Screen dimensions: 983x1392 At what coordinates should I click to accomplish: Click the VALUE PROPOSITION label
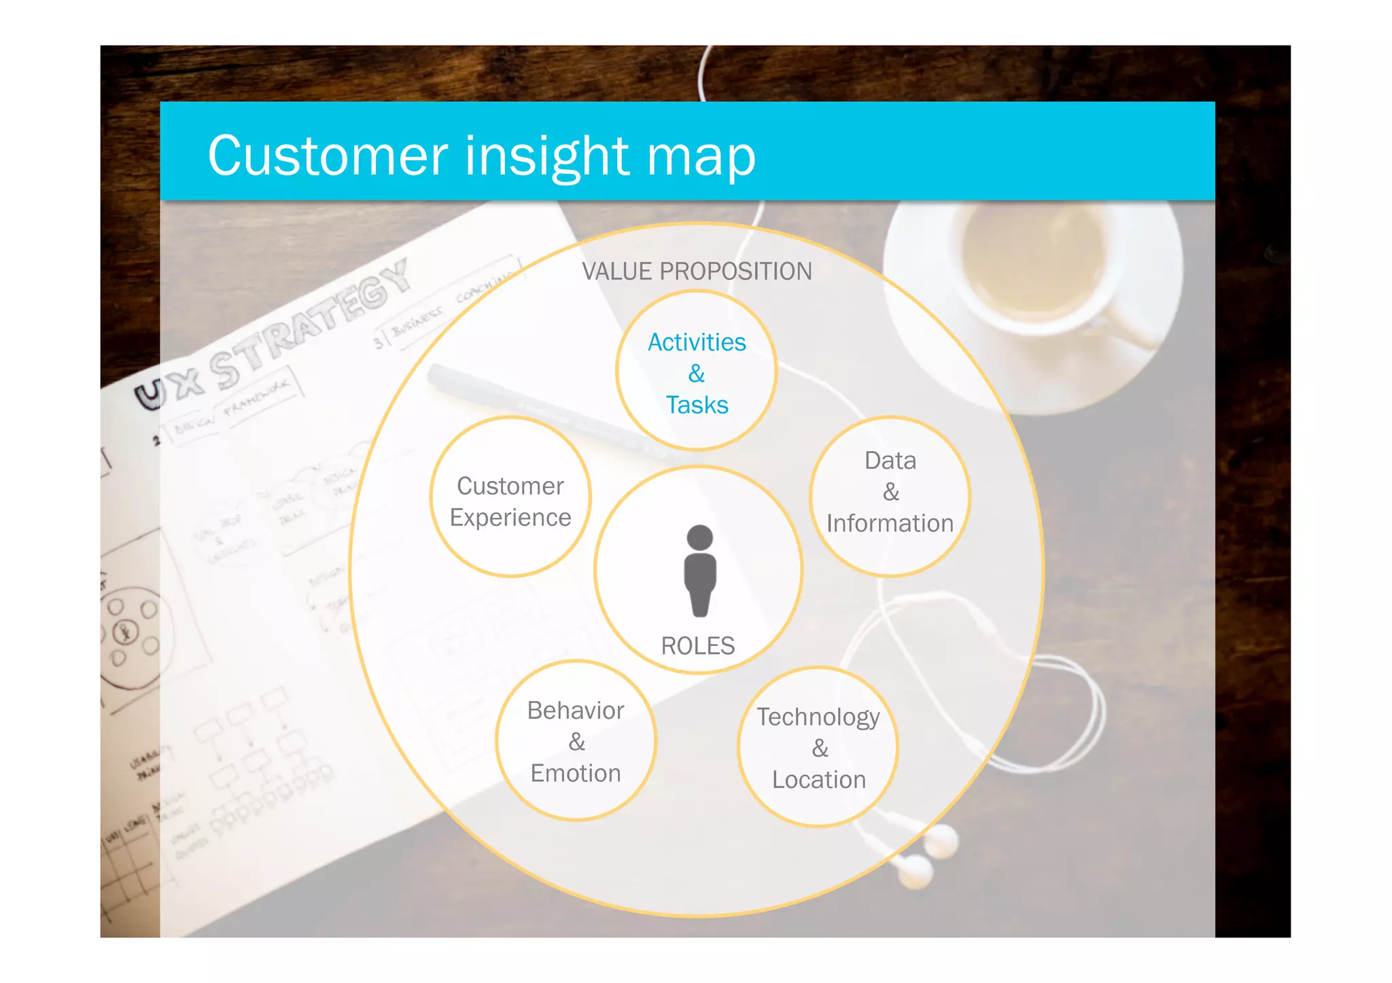pyautogui.click(x=697, y=271)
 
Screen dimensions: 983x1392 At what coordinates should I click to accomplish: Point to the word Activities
pyautogui.click(x=697, y=342)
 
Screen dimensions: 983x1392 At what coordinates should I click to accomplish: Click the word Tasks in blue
pyautogui.click(x=697, y=405)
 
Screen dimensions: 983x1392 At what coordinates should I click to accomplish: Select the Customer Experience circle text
pyautogui.click(x=510, y=501)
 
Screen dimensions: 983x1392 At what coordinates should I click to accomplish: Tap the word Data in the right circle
pyautogui.click(x=890, y=461)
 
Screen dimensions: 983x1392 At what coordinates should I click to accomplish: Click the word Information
pyautogui.click(x=890, y=523)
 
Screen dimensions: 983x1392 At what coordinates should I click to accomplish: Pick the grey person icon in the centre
pyautogui.click(x=700, y=571)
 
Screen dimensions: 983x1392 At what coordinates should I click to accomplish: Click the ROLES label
pyautogui.click(x=698, y=645)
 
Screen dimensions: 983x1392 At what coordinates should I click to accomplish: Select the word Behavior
pyautogui.click(x=576, y=711)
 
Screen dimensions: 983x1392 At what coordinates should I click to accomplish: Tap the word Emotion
pyautogui.click(x=576, y=773)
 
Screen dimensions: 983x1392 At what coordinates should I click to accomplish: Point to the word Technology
pyautogui.click(x=818, y=717)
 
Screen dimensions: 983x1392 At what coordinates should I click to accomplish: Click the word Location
pyautogui.click(x=819, y=780)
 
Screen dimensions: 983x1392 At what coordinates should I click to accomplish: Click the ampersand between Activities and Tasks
pyautogui.click(x=697, y=374)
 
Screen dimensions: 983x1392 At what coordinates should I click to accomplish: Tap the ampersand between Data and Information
pyautogui.click(x=891, y=492)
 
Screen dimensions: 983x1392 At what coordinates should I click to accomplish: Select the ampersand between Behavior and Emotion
pyautogui.click(x=576, y=742)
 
